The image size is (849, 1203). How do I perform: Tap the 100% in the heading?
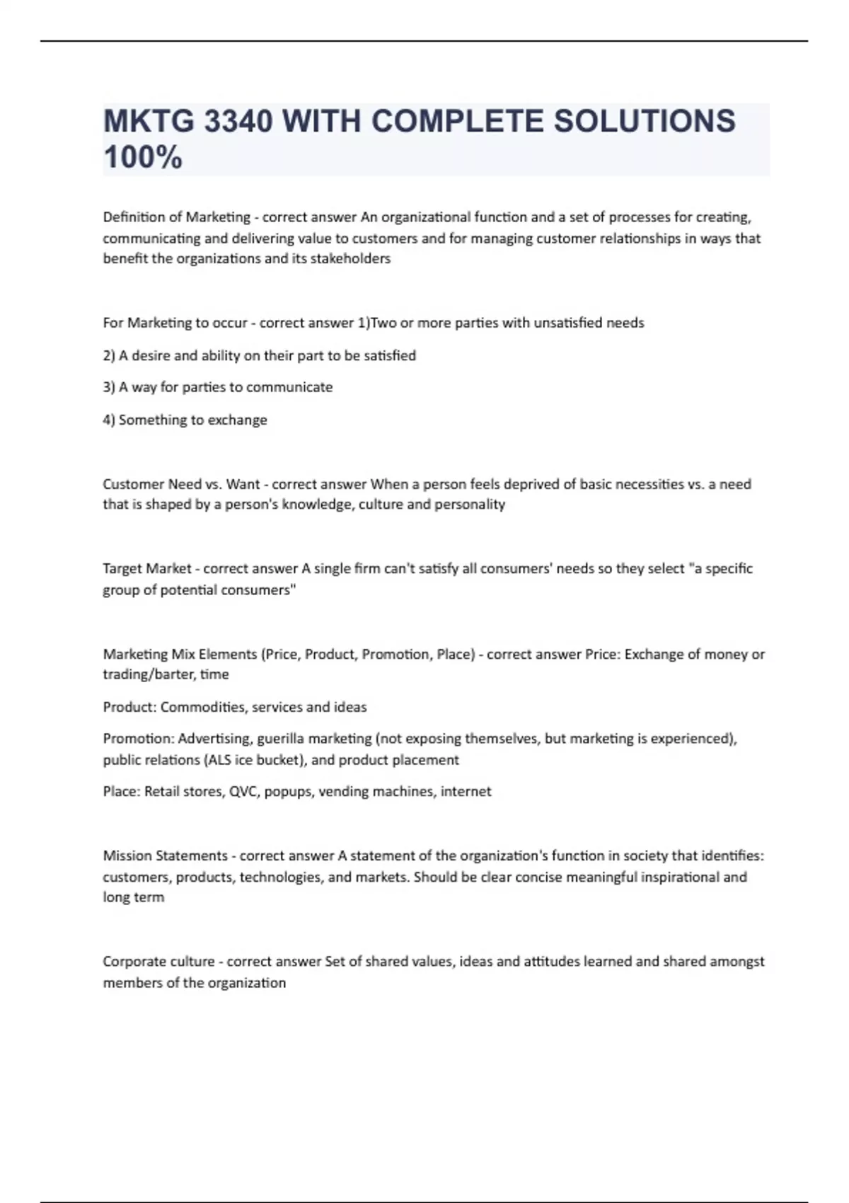[142, 157]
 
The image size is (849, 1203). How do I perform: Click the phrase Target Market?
[146, 569]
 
